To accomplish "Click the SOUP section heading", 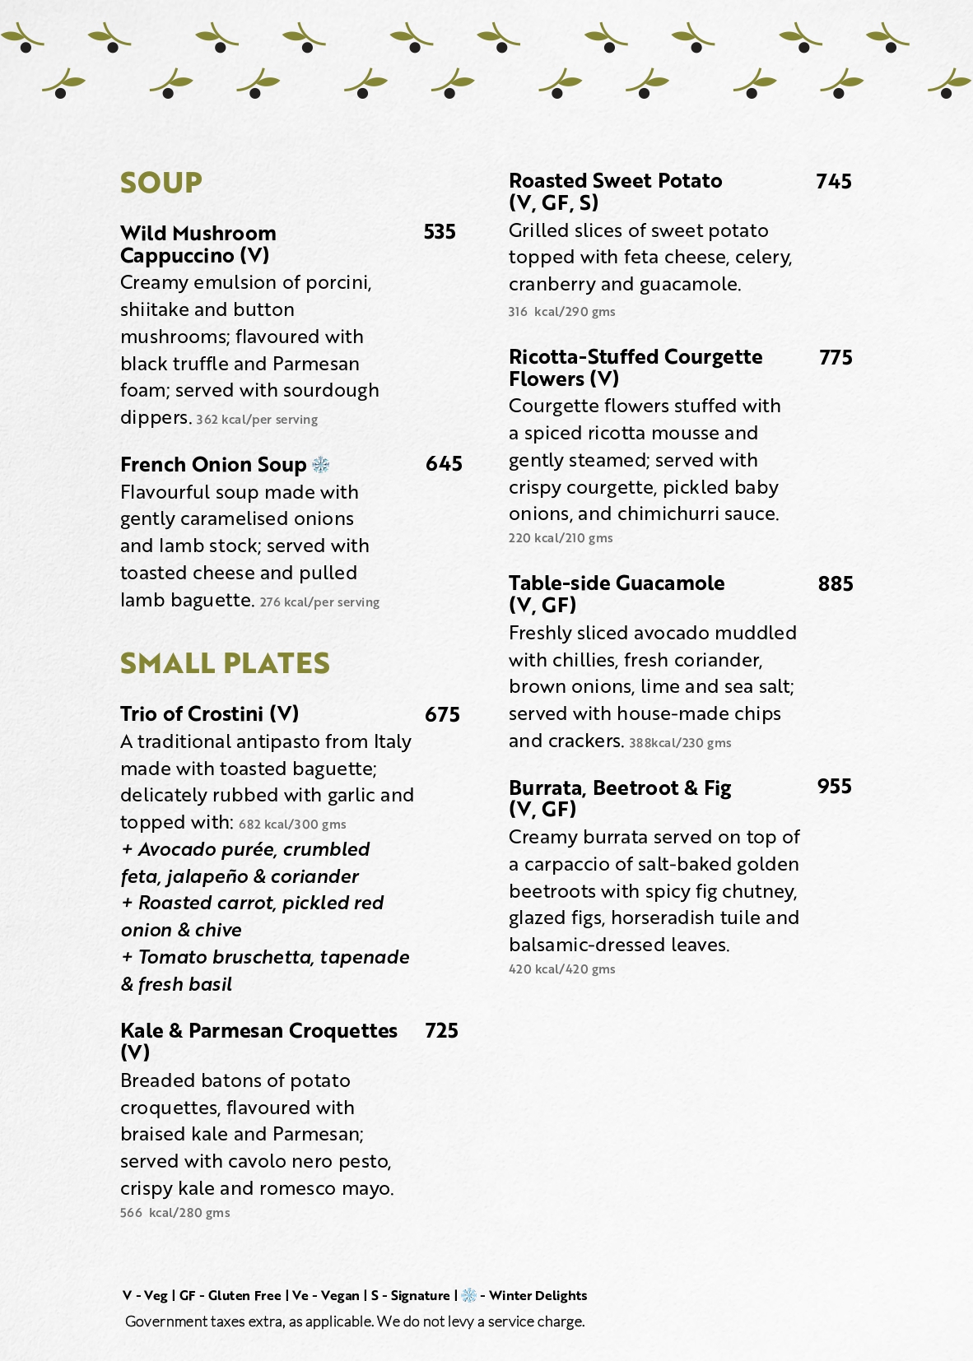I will point(161,182).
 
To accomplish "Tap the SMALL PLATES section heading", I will point(225,662).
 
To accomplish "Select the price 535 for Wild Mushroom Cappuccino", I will point(440,232).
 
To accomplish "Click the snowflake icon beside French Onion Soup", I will point(321,465).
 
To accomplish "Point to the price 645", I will point(444,464).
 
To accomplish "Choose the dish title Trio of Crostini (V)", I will point(209,713).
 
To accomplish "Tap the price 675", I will point(442,714).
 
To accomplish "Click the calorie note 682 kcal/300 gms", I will point(292,824).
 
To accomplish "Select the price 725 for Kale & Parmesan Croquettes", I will point(441,1030).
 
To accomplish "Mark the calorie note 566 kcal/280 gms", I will point(175,1213).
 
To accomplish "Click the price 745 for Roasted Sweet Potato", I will point(833,181).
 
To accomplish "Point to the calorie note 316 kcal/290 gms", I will point(561,312).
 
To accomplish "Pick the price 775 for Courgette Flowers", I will point(836,357).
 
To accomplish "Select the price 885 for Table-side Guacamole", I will point(835,583).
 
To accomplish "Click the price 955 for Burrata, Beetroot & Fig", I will point(834,786).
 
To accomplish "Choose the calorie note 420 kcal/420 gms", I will point(561,969).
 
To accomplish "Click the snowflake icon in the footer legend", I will point(468,1295).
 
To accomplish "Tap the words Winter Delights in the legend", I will point(538,1295).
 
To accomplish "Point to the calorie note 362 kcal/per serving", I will point(257,420).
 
